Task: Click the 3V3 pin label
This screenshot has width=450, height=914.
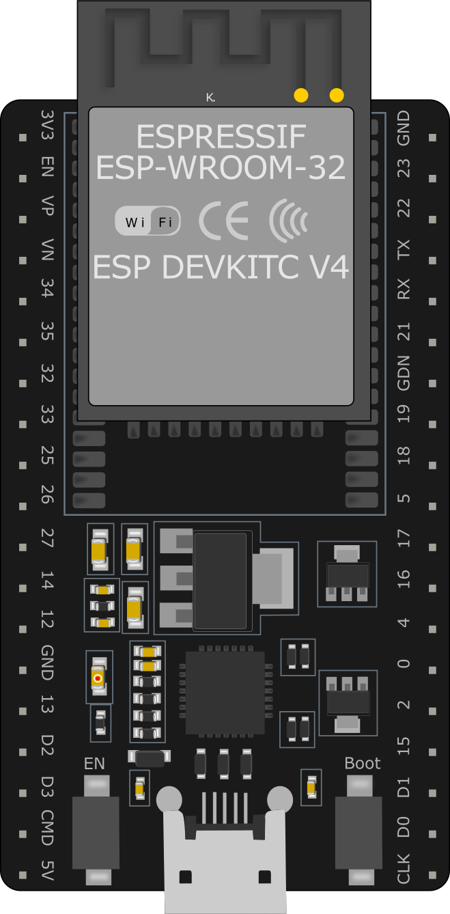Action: [47, 125]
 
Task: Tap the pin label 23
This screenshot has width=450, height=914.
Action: [403, 168]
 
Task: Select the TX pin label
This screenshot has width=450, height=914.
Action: [403, 249]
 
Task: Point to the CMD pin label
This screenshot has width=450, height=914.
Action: [47, 828]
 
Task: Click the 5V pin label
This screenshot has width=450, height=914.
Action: [47, 870]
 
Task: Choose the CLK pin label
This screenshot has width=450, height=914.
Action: [403, 869]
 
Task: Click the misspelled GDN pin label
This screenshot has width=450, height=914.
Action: [403, 373]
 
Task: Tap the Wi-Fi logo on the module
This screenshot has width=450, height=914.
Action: [147, 221]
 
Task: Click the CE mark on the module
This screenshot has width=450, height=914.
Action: [223, 221]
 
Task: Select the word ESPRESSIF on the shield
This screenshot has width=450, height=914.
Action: [221, 137]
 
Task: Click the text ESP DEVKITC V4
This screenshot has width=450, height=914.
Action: [221, 267]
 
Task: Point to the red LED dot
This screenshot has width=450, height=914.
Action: [98, 678]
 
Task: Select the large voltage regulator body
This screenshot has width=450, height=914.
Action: [221, 581]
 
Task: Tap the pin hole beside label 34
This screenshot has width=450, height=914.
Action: [23, 301]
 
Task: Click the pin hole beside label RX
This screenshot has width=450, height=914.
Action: [432, 301]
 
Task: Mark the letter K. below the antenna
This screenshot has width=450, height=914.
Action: [210, 98]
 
